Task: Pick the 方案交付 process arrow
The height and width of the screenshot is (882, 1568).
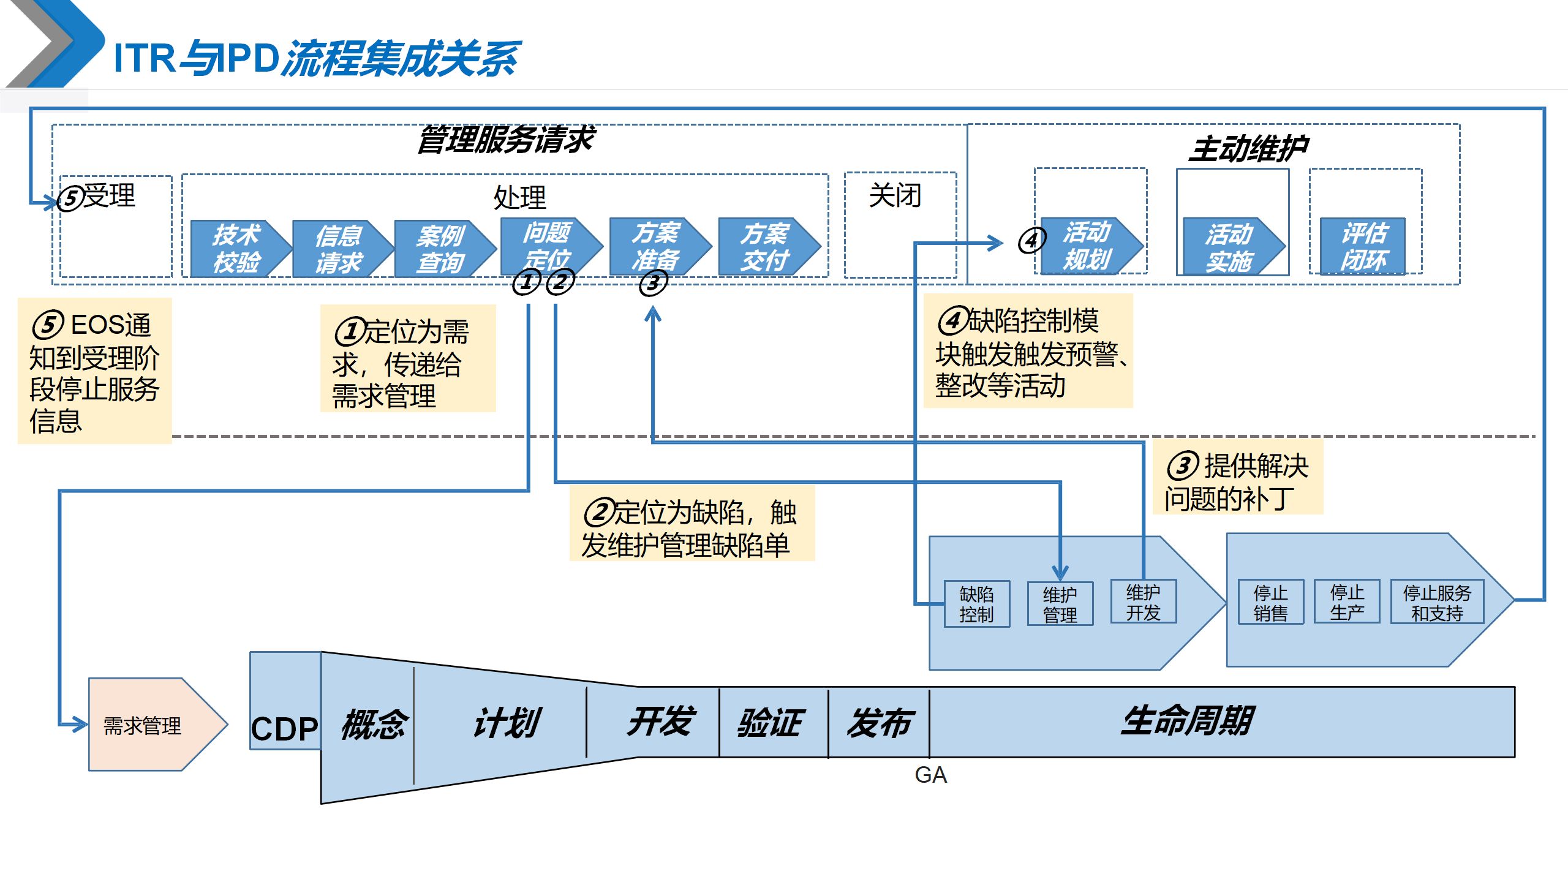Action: (x=766, y=247)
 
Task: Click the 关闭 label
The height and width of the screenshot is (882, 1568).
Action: (x=895, y=196)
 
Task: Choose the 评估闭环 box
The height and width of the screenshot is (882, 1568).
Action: (x=1363, y=246)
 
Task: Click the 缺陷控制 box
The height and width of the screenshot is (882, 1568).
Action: (x=976, y=604)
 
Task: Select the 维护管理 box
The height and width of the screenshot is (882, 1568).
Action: (x=1060, y=604)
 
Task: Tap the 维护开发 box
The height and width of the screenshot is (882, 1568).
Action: (x=1143, y=602)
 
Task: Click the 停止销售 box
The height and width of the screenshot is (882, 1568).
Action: (x=1270, y=602)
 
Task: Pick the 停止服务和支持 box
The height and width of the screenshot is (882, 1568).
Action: (x=1437, y=602)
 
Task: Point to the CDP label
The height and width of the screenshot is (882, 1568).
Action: (x=285, y=729)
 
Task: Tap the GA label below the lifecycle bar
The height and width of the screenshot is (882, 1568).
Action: (x=930, y=775)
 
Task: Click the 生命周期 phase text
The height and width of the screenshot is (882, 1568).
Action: (x=1187, y=720)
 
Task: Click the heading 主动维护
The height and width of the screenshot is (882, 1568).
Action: (x=1248, y=148)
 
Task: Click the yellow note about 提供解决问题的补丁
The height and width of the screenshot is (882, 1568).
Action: (x=1237, y=481)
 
